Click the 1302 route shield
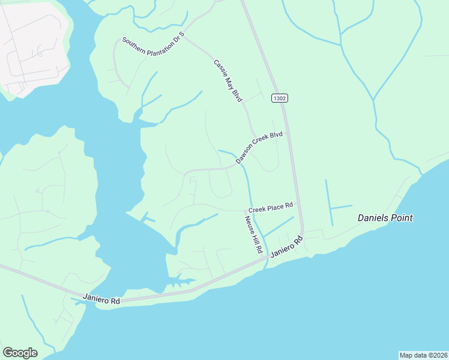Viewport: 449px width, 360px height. pyautogui.click(x=279, y=98)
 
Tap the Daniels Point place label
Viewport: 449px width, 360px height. pyautogui.click(x=385, y=218)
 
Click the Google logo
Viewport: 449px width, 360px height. pyautogui.click(x=20, y=353)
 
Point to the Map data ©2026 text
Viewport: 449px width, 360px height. pyautogui.click(x=423, y=355)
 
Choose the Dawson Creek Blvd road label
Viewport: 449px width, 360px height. pyautogui.click(x=259, y=148)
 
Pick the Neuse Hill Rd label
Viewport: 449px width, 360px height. pyautogui.click(x=253, y=233)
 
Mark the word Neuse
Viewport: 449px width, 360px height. pyautogui.click(x=249, y=223)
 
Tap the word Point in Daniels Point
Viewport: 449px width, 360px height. pyautogui.click(x=401, y=218)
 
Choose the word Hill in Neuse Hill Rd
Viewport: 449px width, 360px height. pyautogui.click(x=255, y=236)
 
